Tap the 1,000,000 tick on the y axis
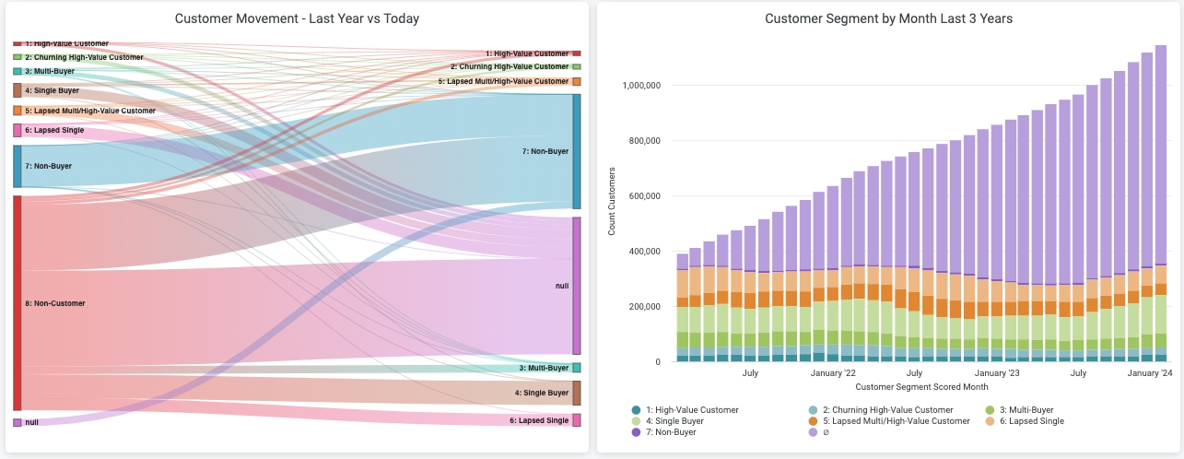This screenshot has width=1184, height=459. coord(642,86)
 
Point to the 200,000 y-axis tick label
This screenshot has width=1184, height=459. coord(645,307)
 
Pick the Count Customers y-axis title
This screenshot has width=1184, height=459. coord(613,200)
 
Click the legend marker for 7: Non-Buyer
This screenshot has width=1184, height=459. coord(636,431)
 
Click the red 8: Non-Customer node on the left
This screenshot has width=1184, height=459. coord(18,302)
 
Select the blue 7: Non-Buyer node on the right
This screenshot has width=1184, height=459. coord(577,151)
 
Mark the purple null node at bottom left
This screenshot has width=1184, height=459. coord(18,422)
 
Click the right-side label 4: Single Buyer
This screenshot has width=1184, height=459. coord(542,393)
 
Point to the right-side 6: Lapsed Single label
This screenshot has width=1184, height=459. coord(539,420)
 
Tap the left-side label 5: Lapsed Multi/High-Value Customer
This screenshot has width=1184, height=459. coord(90,111)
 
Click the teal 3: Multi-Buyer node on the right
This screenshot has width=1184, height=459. coord(577,368)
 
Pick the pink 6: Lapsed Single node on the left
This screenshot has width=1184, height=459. coord(18,130)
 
